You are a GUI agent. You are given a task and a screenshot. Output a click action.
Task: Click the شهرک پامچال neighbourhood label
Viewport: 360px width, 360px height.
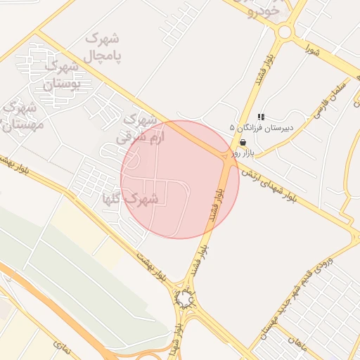[101, 46]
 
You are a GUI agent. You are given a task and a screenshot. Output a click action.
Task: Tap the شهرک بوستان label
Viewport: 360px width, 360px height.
[61, 75]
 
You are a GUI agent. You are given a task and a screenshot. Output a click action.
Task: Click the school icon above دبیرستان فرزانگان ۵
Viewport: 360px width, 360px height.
[261, 117]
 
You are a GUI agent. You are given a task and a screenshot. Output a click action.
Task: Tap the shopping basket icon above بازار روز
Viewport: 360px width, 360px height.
[243, 141]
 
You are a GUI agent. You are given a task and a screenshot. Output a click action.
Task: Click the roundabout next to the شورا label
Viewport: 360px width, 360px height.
[284, 32]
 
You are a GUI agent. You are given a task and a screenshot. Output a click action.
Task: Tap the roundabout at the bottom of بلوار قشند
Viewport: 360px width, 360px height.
[184, 300]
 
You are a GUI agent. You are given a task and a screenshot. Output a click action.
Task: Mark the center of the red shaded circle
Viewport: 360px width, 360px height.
[179, 179]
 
